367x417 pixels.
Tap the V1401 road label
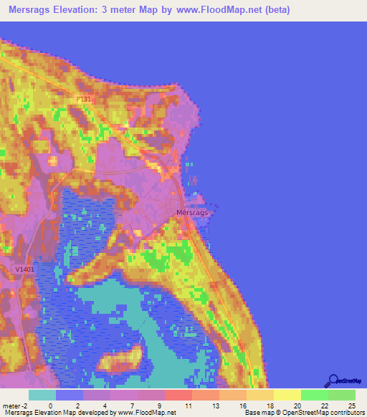pyautogui.click(x=24, y=269)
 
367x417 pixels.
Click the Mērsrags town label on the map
pyautogui.click(x=192, y=213)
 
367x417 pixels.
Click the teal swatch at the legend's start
pyautogui.click(x=42, y=395)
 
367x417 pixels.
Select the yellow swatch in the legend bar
pyautogui.click(x=287, y=395)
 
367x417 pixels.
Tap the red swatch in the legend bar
pyautogui.click(x=178, y=395)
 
